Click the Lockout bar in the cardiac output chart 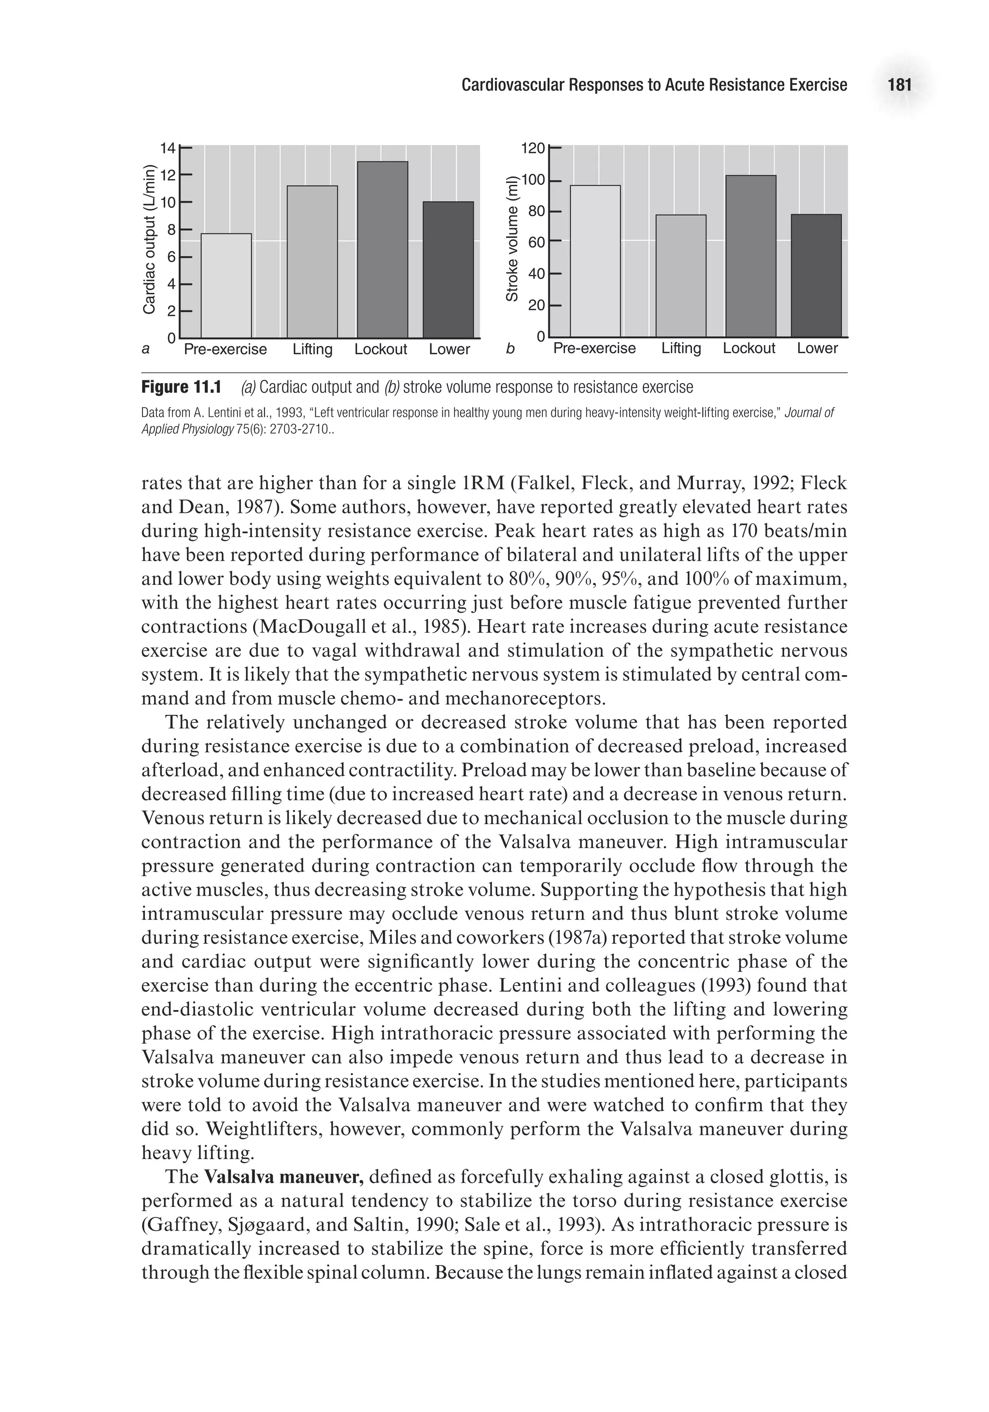pos(382,249)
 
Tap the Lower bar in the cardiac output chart pos(448,269)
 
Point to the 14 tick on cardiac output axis pos(168,148)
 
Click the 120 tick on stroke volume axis pos(533,148)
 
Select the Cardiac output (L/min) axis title pos(148,239)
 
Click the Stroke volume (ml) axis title pos(511,239)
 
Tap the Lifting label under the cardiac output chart pos(312,349)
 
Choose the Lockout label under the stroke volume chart pos(749,348)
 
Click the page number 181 pos(899,85)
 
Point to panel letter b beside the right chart pos(509,349)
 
